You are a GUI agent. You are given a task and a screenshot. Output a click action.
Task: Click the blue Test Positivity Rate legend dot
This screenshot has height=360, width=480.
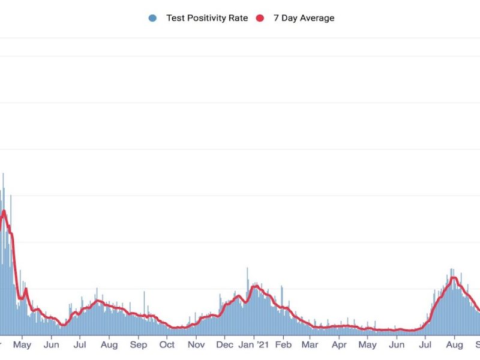point(152,18)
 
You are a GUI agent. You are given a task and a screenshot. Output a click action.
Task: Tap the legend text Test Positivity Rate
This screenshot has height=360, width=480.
point(207,18)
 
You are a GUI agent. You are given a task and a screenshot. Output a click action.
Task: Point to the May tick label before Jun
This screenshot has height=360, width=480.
point(22,345)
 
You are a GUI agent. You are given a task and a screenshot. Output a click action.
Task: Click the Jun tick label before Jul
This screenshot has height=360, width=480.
point(52,345)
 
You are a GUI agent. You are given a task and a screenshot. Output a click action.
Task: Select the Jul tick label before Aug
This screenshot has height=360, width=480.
point(79,345)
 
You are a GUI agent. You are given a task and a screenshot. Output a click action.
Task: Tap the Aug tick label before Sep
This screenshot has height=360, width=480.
point(109,345)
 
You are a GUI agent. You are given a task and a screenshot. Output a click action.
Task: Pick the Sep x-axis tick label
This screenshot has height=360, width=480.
point(138,345)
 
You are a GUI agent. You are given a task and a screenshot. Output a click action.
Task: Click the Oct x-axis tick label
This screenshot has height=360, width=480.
point(167,345)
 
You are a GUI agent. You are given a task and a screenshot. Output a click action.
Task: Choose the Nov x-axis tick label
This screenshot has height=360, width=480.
point(196,345)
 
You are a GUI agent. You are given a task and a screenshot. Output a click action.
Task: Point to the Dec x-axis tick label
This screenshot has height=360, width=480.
point(224,345)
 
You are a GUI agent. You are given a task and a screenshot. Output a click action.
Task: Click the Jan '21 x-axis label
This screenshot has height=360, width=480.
point(254,345)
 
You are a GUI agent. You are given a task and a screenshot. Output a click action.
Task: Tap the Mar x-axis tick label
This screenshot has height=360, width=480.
point(310,345)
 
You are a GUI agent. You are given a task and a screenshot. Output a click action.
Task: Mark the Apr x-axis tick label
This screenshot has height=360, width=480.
point(339,345)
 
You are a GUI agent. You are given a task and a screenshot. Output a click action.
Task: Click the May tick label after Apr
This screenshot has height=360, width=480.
point(367,345)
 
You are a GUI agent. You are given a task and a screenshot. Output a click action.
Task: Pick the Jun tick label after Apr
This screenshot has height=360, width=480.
point(397,345)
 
